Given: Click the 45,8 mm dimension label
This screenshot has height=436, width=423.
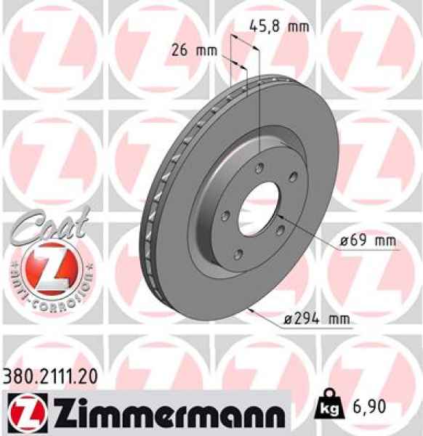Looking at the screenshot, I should coord(279,27).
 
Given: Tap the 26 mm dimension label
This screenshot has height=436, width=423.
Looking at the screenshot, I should coord(195,50).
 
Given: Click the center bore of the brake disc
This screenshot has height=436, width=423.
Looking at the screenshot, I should coord(259,204).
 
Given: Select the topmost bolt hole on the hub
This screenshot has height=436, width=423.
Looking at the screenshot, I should coord(258,161).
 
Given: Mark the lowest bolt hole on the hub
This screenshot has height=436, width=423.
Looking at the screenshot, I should coord(239,254).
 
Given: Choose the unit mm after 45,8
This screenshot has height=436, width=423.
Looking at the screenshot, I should coord(298,27).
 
